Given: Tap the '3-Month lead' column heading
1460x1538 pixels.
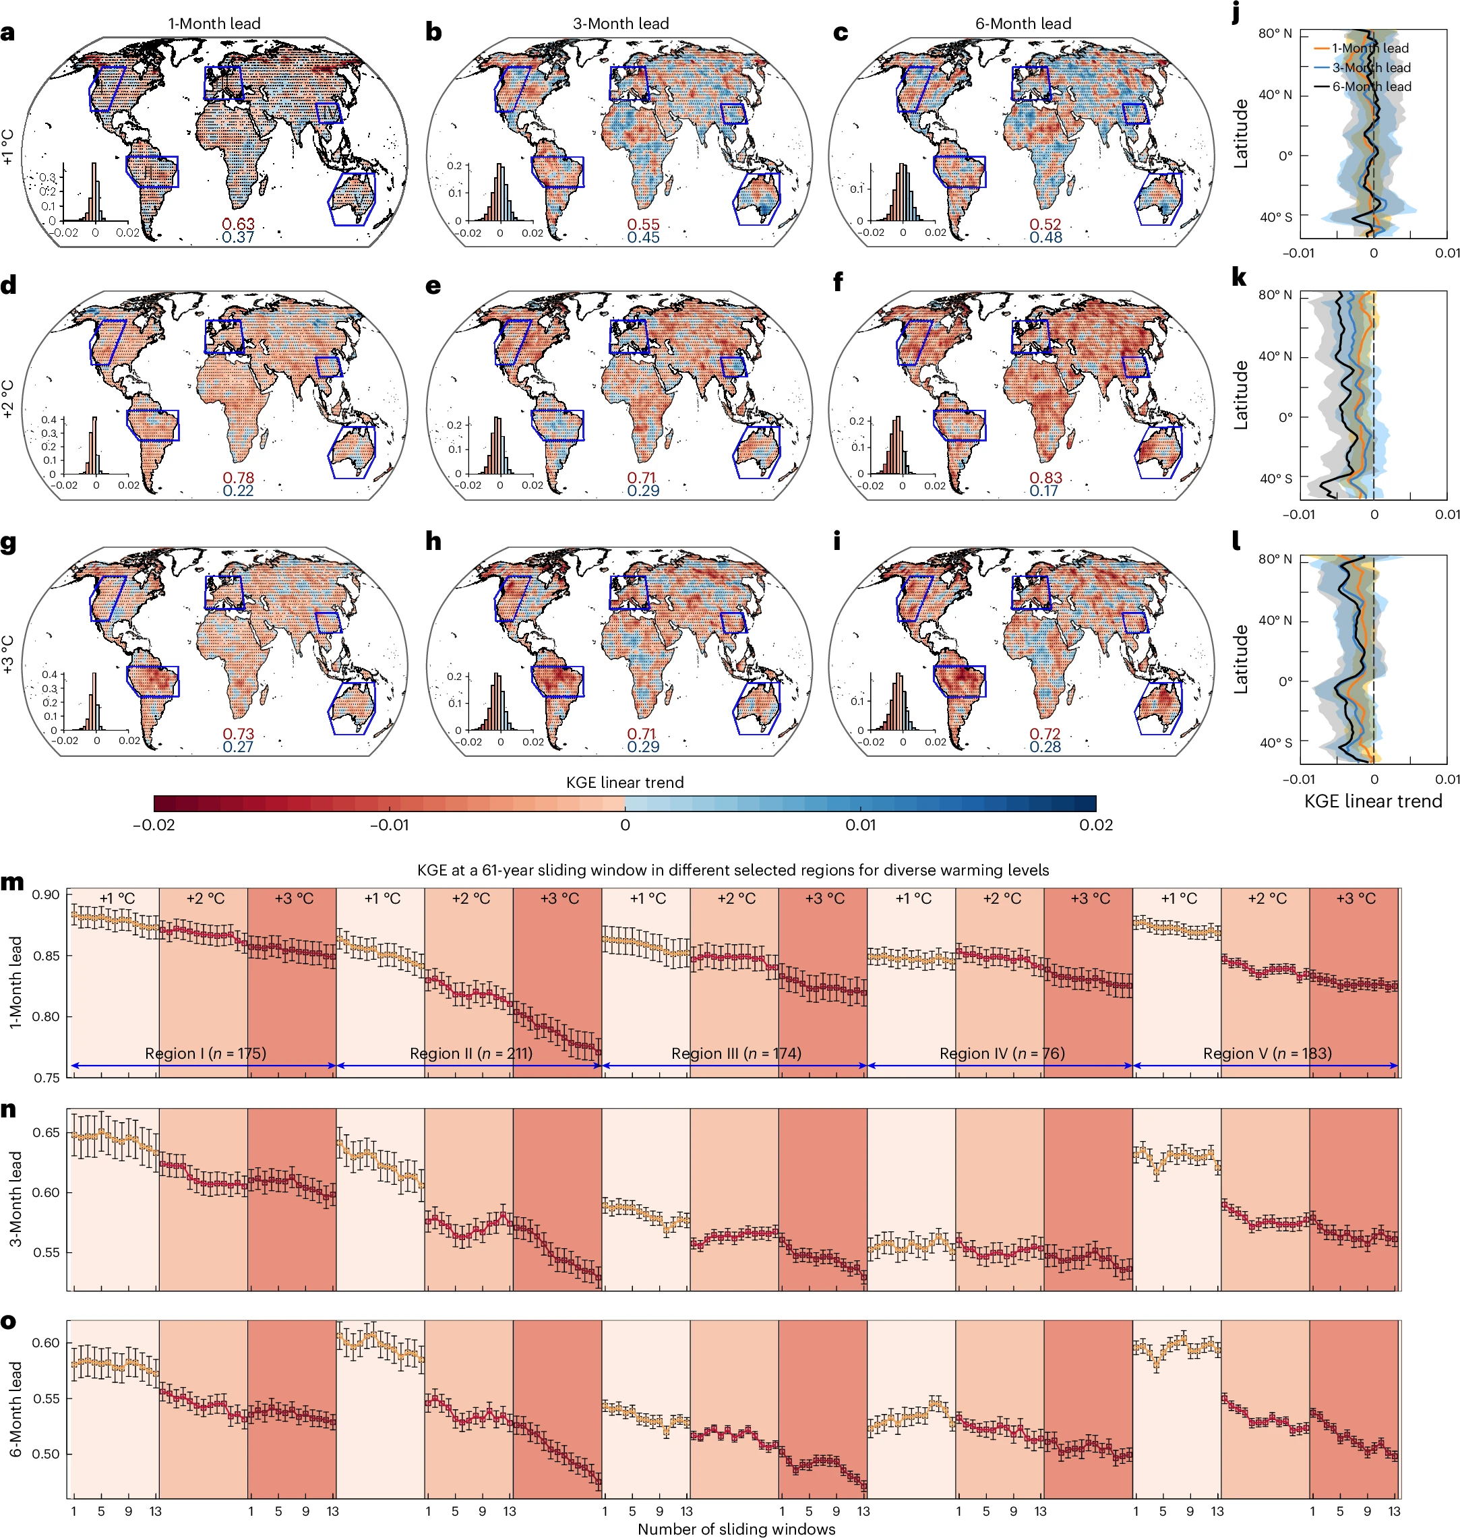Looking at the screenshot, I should (x=620, y=24).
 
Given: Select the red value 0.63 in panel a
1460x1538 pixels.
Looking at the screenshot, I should (x=238, y=224).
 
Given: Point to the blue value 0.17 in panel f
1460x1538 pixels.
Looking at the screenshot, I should (x=1043, y=491).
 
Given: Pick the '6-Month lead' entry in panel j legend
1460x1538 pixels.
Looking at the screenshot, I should (x=1370, y=86).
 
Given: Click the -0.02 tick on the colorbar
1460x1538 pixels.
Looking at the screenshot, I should (x=154, y=825).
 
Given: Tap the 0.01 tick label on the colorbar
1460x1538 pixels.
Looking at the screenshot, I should (x=861, y=825).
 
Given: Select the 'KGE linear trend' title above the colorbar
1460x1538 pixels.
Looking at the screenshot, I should (x=624, y=782).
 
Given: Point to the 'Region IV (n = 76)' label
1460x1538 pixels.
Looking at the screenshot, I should (x=1002, y=1053).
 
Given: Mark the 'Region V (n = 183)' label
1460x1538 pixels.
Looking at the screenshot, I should (x=1267, y=1053).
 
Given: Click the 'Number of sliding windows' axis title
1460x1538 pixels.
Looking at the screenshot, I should (x=735, y=1529).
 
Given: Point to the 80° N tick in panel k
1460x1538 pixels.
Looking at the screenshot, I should (x=1275, y=295).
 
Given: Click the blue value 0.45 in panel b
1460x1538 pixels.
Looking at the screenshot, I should (x=643, y=237).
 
